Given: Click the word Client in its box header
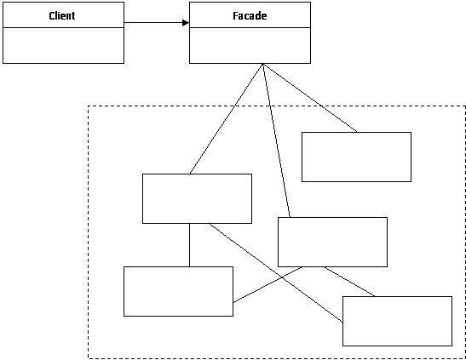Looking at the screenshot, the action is click(62, 15).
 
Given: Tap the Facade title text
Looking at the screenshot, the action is click(250, 15).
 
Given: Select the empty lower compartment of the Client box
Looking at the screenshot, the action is click(63, 45).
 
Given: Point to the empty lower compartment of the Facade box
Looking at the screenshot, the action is click(250, 45).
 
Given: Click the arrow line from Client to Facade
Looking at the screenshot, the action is click(157, 23).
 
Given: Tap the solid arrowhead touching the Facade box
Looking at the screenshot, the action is click(186, 23).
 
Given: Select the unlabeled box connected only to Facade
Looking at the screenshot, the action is click(356, 157).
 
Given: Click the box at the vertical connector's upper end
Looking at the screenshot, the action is click(197, 198).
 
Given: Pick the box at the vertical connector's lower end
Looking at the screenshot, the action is click(178, 291).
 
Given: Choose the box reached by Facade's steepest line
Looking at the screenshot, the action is click(332, 242).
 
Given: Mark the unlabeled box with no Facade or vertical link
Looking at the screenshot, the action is click(397, 321).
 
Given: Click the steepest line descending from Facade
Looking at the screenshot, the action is click(276, 140).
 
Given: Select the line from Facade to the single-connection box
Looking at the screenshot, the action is click(310, 98).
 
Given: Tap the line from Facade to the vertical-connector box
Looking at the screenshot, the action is click(226, 118).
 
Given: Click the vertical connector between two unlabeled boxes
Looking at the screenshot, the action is click(190, 245).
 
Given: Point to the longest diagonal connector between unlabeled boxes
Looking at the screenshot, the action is click(276, 272).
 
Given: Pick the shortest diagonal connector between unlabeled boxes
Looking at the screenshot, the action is click(349, 282).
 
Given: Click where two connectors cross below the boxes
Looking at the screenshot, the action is click(281, 277).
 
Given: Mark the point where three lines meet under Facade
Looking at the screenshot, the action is click(262, 64).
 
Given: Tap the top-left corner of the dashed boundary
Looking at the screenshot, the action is click(89, 106).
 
